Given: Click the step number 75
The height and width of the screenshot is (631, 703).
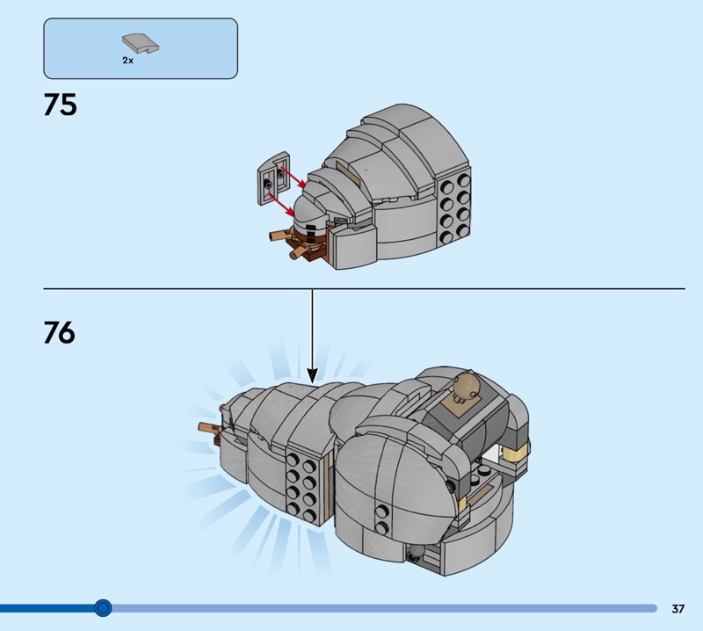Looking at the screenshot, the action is click(x=60, y=105).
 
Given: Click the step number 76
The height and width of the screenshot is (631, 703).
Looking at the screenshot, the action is click(x=60, y=332).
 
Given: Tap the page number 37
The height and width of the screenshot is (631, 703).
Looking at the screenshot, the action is click(x=678, y=608).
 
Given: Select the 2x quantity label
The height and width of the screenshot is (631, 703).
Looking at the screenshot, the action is click(x=127, y=60).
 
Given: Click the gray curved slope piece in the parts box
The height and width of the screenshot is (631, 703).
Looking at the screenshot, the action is click(x=141, y=44).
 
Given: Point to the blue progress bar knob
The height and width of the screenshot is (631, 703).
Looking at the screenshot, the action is click(x=103, y=607).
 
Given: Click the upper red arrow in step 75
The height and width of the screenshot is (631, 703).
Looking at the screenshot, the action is click(x=293, y=178).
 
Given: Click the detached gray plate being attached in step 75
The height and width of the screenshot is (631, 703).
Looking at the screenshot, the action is click(x=274, y=178).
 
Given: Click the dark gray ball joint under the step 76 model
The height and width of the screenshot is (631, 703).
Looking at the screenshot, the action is click(x=416, y=554).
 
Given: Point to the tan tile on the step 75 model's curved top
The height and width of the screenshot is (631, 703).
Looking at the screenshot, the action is click(x=348, y=173).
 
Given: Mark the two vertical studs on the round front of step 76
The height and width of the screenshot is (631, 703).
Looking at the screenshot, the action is click(x=382, y=519).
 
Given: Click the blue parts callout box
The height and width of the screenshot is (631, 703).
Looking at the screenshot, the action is click(x=141, y=48).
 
